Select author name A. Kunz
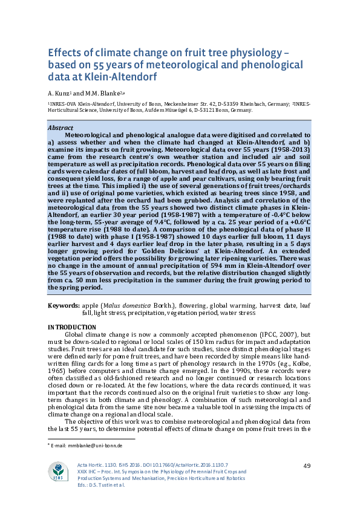[x=60, y=93]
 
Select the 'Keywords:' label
[x=64, y=306]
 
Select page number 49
[x=307, y=465]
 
